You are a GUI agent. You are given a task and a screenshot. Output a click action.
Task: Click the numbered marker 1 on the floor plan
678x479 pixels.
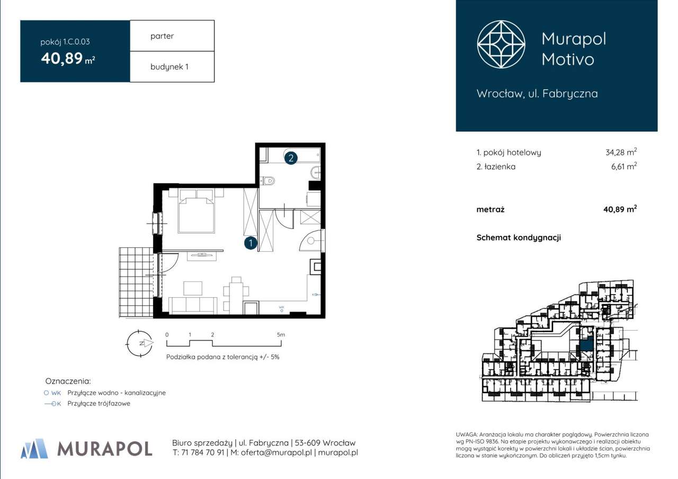(251, 243)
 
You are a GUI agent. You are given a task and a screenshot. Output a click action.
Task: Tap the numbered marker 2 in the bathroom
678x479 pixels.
(290, 157)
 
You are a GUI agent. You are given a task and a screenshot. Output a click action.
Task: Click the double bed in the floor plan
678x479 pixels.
(197, 212)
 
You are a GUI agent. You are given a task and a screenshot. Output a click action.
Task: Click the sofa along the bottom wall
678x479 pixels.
(193, 306)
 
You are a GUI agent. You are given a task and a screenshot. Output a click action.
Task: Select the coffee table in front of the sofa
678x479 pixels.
(193, 288)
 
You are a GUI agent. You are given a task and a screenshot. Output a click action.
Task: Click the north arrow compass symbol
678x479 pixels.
(140, 343)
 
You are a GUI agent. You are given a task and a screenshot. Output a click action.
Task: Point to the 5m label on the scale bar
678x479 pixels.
(281, 335)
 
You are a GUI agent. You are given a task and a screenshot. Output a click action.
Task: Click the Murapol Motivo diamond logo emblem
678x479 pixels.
(501, 45)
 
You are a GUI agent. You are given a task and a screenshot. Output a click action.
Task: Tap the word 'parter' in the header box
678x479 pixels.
(162, 36)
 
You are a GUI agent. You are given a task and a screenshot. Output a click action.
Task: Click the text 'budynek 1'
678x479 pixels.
(169, 67)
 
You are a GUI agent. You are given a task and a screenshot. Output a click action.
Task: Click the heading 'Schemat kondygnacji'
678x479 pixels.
(518, 237)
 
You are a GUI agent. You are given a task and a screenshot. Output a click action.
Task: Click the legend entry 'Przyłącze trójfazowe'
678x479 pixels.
(99, 403)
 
